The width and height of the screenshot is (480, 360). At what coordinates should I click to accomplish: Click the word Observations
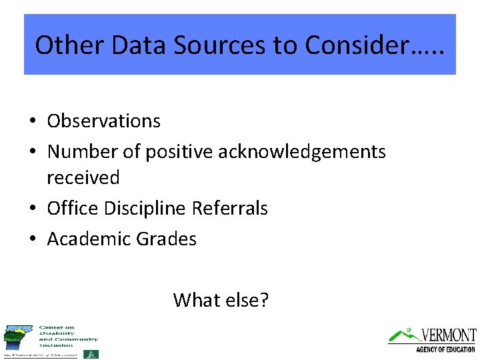pyautogui.click(x=103, y=121)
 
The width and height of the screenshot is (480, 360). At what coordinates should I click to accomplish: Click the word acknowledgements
pyautogui.click(x=302, y=152)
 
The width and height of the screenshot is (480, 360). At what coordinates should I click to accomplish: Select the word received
pyautogui.click(x=83, y=178)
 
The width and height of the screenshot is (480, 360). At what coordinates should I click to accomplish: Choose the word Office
pyautogui.click(x=71, y=209)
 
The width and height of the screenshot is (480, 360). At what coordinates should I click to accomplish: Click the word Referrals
pyautogui.click(x=230, y=209)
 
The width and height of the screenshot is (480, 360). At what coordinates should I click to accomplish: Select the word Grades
pyautogui.click(x=167, y=239)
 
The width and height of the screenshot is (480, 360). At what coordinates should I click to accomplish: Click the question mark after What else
pyautogui.click(x=264, y=300)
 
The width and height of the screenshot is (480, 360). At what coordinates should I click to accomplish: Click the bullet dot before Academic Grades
pyautogui.click(x=32, y=239)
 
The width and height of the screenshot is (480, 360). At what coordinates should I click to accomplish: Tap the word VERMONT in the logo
pyautogui.click(x=448, y=335)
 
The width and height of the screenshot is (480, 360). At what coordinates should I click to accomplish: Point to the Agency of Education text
pyautogui.click(x=445, y=349)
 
